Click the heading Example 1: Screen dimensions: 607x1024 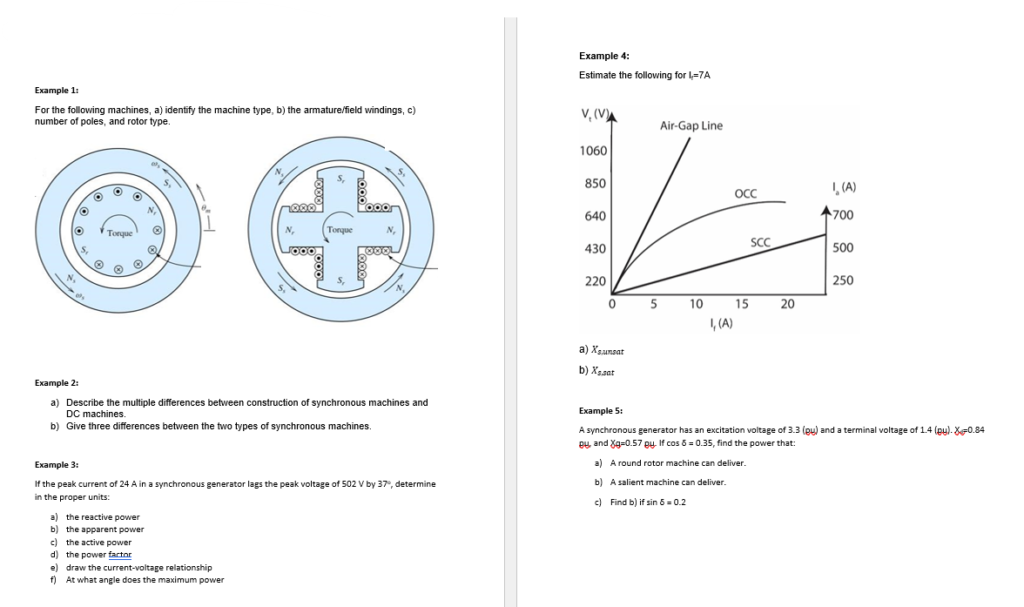click(57, 91)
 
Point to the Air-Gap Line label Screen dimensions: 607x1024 click(691, 125)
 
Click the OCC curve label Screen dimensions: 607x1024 click(745, 192)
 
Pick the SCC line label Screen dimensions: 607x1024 click(760, 243)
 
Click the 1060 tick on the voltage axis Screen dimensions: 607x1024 click(593, 151)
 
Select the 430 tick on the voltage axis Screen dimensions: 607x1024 click(596, 249)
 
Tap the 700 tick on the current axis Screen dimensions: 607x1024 click(842, 215)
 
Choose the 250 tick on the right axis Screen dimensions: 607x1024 click(842, 280)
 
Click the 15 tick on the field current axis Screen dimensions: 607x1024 click(741, 304)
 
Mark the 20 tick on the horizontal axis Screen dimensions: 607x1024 click(787, 304)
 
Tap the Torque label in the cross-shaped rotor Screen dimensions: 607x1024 click(340, 230)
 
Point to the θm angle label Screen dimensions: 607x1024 click(205, 209)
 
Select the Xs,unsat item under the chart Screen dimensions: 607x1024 click(602, 350)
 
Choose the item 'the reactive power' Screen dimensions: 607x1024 click(103, 517)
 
